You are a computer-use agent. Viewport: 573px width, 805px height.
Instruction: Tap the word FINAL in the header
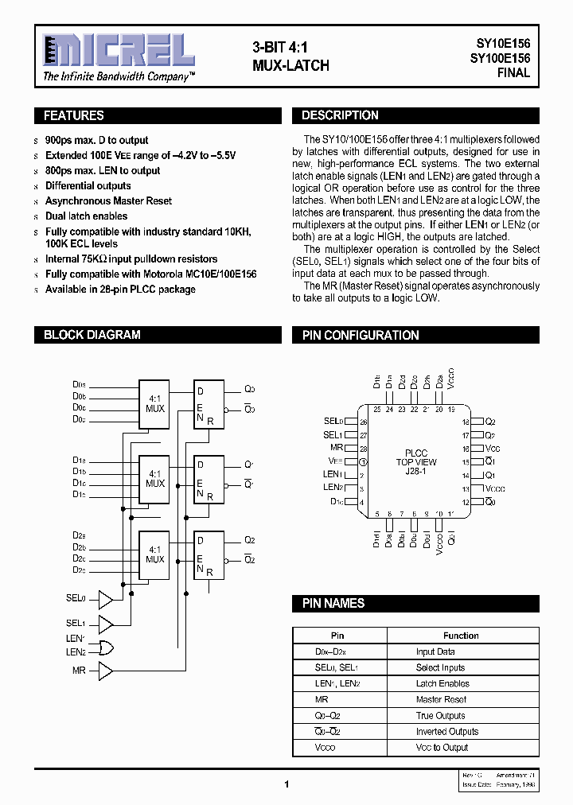point(513,72)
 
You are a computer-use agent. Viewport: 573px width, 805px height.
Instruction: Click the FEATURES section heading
point(74,116)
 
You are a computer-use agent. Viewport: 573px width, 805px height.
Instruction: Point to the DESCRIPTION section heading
point(340,116)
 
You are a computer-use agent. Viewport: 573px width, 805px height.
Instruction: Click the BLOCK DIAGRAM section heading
point(92,336)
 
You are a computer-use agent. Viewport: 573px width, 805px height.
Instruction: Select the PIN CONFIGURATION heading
point(361,336)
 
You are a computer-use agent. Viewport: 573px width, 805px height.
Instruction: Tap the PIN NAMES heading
point(333,604)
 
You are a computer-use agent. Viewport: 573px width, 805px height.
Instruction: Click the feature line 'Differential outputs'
point(88,186)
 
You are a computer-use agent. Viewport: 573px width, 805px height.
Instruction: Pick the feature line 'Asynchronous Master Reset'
point(108,201)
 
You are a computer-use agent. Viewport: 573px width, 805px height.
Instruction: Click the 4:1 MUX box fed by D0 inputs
point(154,403)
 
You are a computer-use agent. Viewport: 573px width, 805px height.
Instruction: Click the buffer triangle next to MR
point(105,671)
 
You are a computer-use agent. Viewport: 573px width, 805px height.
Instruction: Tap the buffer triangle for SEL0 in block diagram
point(105,599)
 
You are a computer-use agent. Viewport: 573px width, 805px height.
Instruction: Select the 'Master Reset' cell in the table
point(441,700)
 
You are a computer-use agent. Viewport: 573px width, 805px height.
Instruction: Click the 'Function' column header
point(461,636)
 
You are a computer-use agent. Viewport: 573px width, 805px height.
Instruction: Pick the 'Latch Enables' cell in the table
point(442,684)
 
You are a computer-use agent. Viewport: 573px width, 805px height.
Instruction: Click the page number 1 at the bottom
point(286,784)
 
